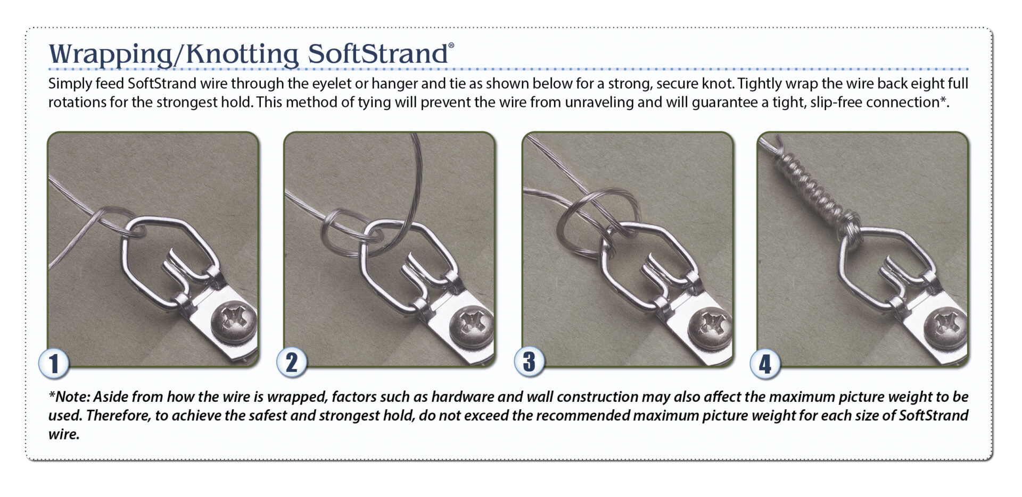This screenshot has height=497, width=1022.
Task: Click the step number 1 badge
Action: [x=54, y=364]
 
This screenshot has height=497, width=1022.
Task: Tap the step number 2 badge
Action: [x=292, y=363]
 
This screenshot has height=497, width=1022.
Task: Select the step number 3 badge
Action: [x=529, y=361]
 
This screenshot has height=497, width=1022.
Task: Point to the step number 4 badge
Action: [x=765, y=364]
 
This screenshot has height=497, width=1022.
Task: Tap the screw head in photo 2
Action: [x=471, y=325]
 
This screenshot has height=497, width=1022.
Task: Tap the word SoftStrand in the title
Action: [x=378, y=54]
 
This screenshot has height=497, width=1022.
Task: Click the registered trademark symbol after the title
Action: [x=451, y=46]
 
